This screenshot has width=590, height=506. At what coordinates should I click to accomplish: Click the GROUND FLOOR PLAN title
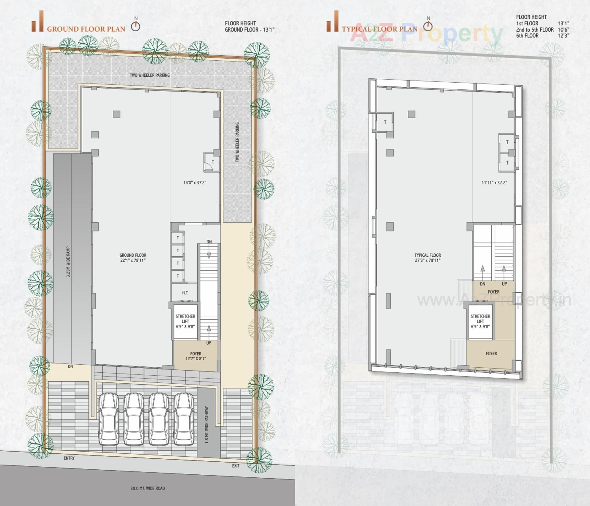pyautogui.click(x=86, y=29)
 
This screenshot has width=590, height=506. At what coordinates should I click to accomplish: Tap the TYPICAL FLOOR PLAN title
pyautogui.click(x=380, y=29)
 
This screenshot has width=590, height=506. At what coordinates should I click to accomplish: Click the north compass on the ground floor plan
pyautogui.click(x=136, y=26)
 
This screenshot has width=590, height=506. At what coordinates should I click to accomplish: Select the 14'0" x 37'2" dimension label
pyautogui.click(x=195, y=183)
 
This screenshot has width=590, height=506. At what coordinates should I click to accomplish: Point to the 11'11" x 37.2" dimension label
pyautogui.click(x=494, y=183)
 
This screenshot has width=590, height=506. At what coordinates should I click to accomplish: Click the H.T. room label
pyautogui.click(x=185, y=293)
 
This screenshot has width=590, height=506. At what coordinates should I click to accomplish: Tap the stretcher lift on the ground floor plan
pyautogui.click(x=185, y=321)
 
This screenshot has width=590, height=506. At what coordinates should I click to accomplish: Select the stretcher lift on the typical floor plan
pyautogui.click(x=480, y=321)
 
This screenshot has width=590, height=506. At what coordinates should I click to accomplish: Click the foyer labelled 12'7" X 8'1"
pyautogui.click(x=196, y=356)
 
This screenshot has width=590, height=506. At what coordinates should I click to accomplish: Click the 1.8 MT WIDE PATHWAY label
pyautogui.click(x=207, y=424)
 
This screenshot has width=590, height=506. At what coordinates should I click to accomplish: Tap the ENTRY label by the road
pyautogui.click(x=69, y=458)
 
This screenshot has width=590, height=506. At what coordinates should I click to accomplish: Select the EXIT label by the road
pyautogui.click(x=236, y=466)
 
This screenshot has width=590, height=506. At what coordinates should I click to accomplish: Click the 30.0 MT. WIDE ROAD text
pyautogui.click(x=147, y=488)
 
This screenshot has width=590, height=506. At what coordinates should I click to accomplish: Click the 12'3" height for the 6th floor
pyautogui.click(x=564, y=36)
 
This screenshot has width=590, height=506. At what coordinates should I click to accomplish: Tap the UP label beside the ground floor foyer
pyautogui.click(x=209, y=343)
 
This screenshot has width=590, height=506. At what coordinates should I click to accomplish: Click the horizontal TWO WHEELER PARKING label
pyautogui.click(x=150, y=75)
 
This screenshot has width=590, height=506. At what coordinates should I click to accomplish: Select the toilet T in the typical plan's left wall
pyautogui.click(x=385, y=122)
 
